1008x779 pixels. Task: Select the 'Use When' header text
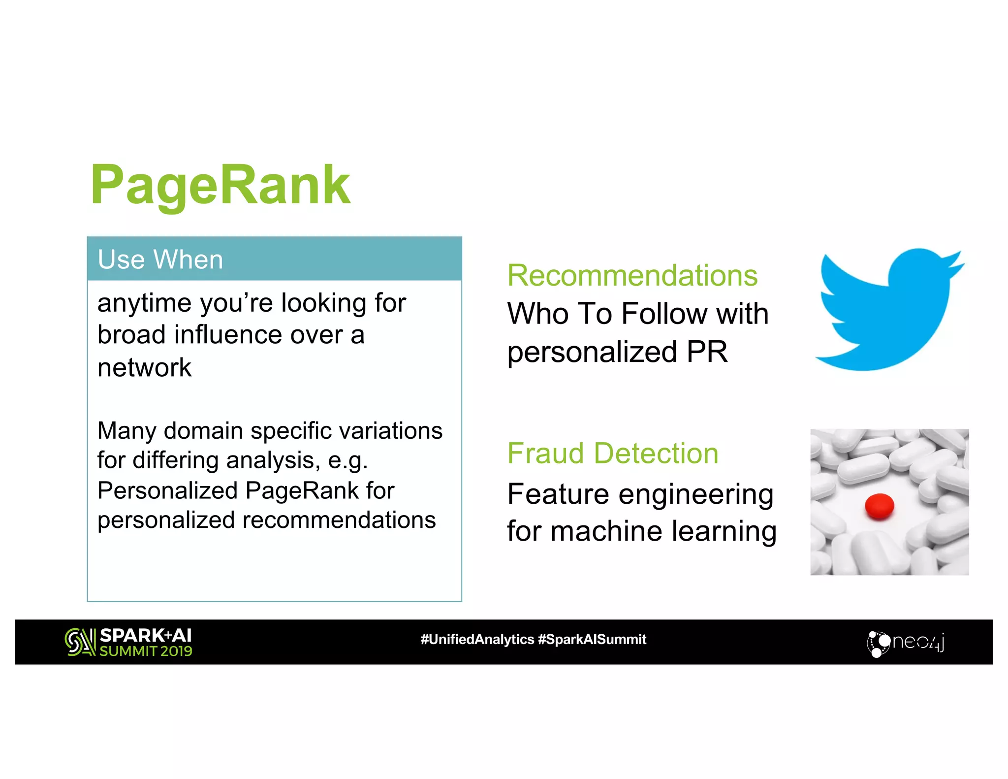pyautogui.click(x=160, y=260)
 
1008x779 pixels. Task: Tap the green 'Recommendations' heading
pyautogui.click(x=632, y=275)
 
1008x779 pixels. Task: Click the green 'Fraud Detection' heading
pyautogui.click(x=613, y=453)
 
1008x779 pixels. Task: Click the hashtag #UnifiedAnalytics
pyautogui.click(x=477, y=640)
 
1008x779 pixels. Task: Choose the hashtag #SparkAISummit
pyautogui.click(x=592, y=640)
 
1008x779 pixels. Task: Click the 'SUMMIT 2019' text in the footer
pyautogui.click(x=146, y=651)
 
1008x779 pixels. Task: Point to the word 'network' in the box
pyautogui.click(x=144, y=368)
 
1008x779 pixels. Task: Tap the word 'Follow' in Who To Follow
pyautogui.click(x=662, y=314)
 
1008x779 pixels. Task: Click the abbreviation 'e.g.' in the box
pyautogui.click(x=347, y=461)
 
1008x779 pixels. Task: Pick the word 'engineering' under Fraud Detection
pyautogui.click(x=696, y=495)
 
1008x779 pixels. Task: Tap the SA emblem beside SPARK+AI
pyautogui.click(x=80, y=642)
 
